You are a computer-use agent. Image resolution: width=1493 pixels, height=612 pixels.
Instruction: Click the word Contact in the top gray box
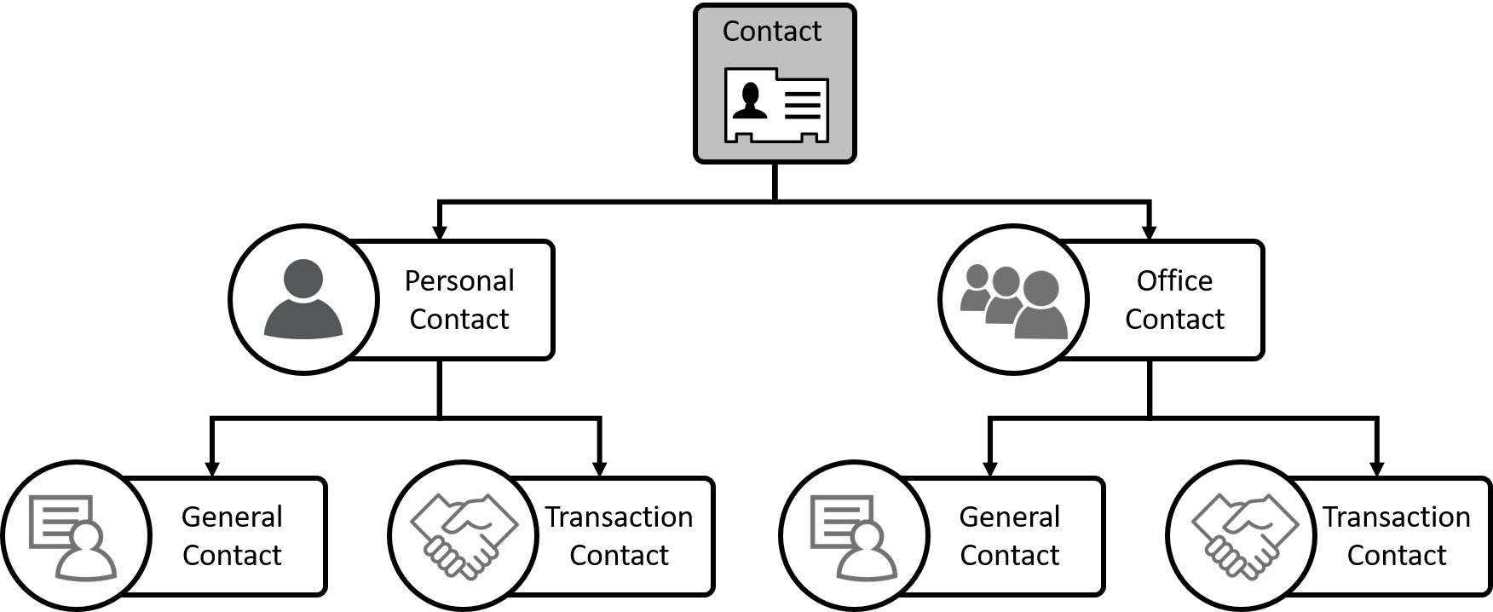(x=771, y=32)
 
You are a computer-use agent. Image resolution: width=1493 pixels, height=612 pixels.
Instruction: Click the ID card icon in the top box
(x=775, y=105)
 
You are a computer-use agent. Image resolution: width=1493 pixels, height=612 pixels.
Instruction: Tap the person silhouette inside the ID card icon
(x=750, y=101)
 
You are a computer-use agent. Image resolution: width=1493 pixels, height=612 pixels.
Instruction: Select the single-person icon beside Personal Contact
(x=303, y=299)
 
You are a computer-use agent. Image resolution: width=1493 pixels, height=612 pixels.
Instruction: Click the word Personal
(x=458, y=280)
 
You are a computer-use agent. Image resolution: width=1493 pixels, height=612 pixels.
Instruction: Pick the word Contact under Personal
(x=458, y=319)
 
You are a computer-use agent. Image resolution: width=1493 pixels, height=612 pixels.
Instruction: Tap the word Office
(x=1173, y=280)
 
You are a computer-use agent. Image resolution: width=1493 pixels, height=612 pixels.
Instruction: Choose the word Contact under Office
(x=1173, y=319)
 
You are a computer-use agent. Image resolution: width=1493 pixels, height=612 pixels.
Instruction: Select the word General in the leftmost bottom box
(x=232, y=517)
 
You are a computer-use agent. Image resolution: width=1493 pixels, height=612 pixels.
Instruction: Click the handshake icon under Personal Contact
(x=464, y=534)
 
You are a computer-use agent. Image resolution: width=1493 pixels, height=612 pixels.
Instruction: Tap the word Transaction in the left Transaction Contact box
(x=619, y=517)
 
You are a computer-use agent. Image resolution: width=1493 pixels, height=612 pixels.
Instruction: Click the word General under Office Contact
(x=1009, y=517)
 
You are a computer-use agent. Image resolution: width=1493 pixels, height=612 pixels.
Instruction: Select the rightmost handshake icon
(x=1242, y=534)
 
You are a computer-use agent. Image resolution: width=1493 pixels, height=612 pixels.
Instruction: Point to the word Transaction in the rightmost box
(x=1396, y=517)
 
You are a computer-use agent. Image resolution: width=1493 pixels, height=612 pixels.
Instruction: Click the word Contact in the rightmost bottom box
(x=1396, y=555)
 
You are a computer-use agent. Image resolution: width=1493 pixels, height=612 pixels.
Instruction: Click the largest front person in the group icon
(x=1041, y=307)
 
